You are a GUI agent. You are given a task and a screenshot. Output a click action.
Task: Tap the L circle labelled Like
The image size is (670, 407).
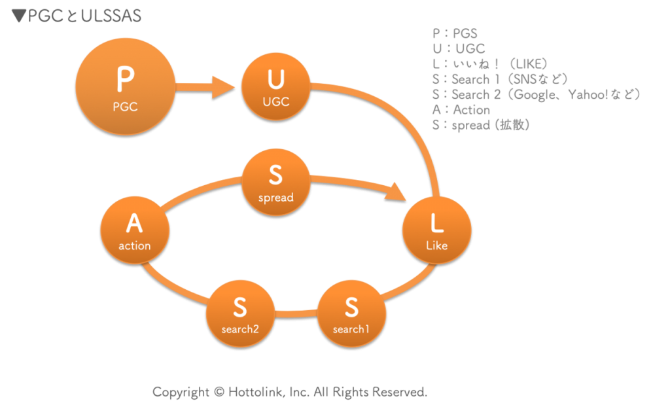tap(436, 230)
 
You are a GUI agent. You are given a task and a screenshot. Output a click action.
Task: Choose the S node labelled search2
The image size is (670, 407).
tap(240, 313)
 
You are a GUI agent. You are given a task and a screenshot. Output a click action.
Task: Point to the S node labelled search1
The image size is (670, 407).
tap(351, 313)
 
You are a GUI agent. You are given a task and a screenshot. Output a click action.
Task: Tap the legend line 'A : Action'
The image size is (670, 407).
tap(461, 109)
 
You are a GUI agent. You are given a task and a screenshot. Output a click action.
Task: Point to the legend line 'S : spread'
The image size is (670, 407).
tap(480, 124)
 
